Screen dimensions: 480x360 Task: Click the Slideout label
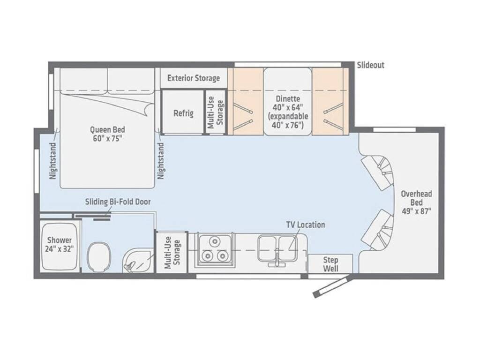tap(370, 65)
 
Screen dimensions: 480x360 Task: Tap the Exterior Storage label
tap(194, 78)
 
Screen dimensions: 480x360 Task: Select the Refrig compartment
tap(183, 112)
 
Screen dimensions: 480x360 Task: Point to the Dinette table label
tap(288, 112)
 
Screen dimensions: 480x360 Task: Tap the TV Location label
tap(306, 225)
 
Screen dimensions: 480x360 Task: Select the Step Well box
tap(330, 263)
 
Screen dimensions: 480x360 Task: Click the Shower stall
tap(59, 247)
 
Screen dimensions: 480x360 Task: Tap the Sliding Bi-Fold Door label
tap(118, 202)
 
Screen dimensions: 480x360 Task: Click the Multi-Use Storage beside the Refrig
tap(216, 112)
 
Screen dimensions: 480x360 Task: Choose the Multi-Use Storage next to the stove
tap(172, 252)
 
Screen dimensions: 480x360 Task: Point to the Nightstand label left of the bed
tap(53, 161)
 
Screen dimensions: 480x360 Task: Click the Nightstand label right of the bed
tap(161, 161)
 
